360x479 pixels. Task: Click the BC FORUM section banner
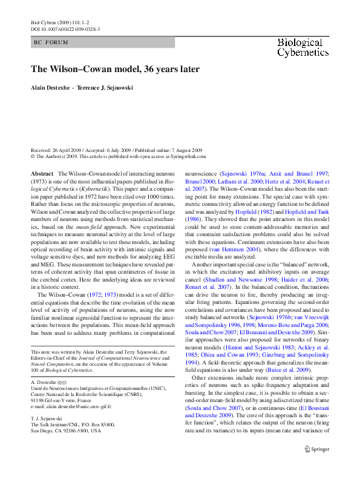[x=52, y=42]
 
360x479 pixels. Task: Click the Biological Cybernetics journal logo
[x=299, y=47]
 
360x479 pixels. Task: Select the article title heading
[x=115, y=69]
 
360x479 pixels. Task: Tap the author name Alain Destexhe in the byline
[x=50, y=88]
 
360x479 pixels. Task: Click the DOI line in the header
[x=65, y=28]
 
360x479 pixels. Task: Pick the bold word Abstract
[x=42, y=173]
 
